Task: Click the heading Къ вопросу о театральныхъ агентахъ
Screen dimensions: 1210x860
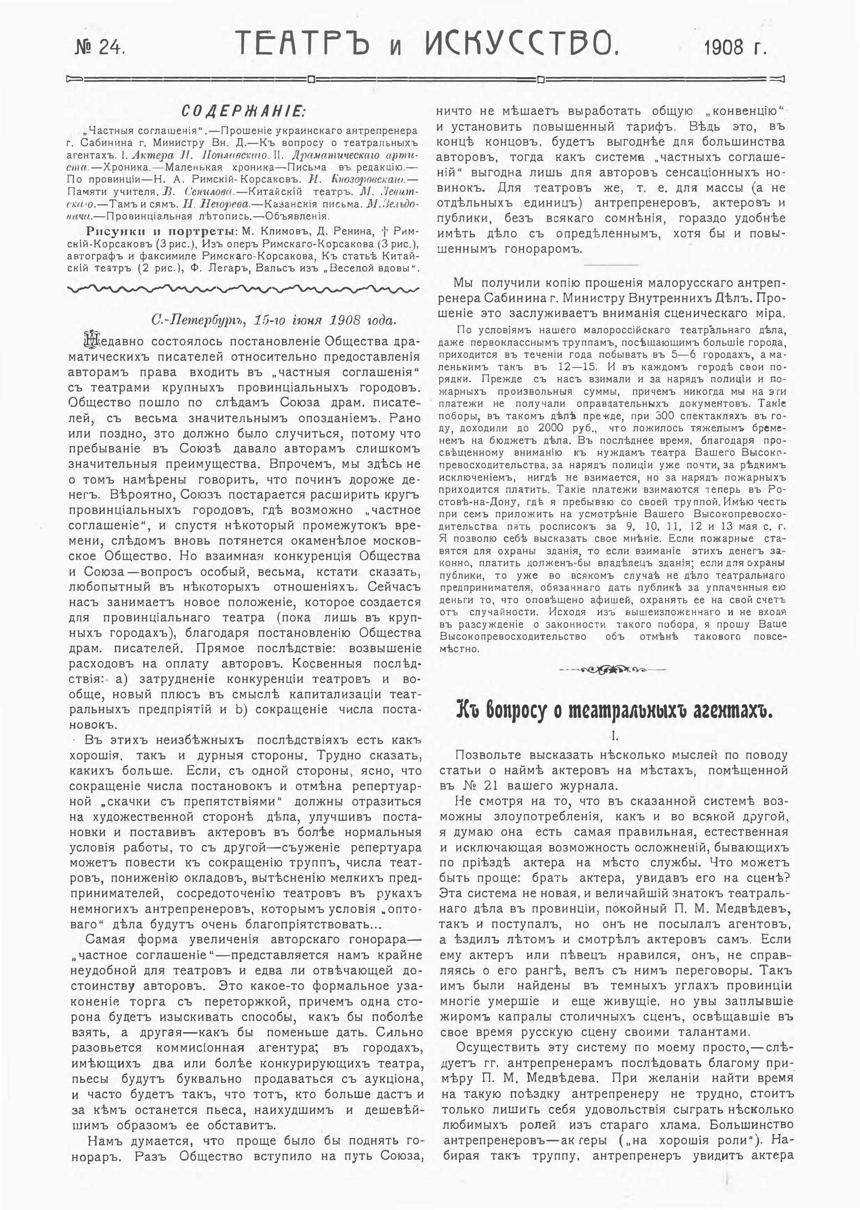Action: tap(614, 712)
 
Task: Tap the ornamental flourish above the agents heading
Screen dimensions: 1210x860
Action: tap(613, 670)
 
